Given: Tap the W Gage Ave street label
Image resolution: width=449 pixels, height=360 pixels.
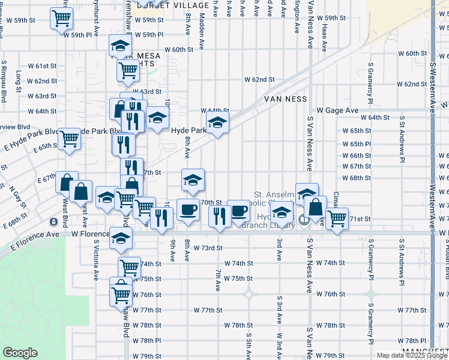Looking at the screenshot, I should [337, 110].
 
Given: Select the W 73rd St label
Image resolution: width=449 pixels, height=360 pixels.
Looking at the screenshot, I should [208, 248].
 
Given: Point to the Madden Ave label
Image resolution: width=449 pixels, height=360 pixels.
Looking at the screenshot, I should [215, 9].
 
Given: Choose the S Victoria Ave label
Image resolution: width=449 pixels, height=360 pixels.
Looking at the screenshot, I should [96, 261].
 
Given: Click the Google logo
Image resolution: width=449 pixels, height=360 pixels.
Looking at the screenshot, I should [20, 353].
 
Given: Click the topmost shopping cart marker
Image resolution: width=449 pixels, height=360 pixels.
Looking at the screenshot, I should [63, 19].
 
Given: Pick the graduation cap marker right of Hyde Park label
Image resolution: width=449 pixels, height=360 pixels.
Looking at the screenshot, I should [217, 124].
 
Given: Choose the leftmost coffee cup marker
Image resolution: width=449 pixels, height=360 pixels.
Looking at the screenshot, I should [188, 211].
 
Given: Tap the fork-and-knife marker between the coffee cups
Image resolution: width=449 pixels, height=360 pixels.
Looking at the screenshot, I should [220, 214].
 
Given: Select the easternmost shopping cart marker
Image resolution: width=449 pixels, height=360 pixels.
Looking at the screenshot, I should [338, 217].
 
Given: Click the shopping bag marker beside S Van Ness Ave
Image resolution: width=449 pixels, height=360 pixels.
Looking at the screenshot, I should [315, 208].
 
